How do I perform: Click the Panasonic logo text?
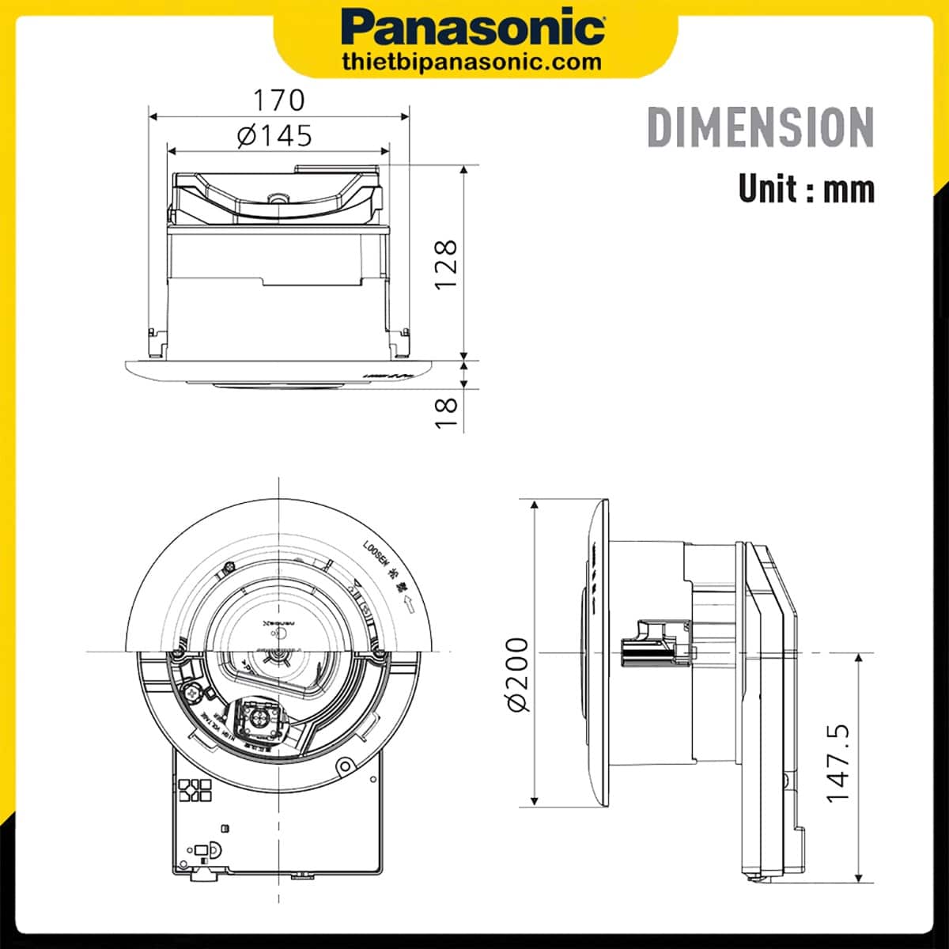474,28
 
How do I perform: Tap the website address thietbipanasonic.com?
473,62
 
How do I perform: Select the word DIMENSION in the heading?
760,127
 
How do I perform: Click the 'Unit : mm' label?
806,189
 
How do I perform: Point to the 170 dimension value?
278,100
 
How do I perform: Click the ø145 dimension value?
275,135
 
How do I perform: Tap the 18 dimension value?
447,412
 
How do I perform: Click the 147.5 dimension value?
838,762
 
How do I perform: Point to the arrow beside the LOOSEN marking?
410,605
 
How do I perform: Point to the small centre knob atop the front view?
277,198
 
